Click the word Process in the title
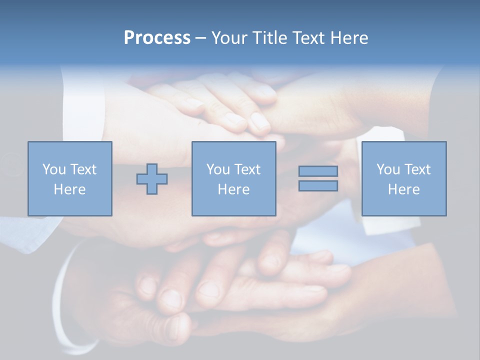point(157,38)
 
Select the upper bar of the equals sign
point(318,171)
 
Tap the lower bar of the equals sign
point(318,186)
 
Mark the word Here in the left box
point(69,189)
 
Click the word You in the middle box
point(217,169)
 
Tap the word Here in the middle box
point(233,189)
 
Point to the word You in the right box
point(387,169)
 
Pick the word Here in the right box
point(403,189)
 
